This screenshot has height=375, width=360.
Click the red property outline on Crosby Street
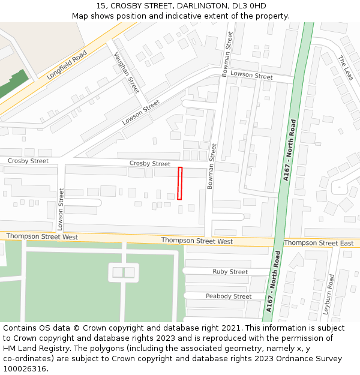tap(179, 183)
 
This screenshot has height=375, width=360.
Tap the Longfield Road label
tap(67, 65)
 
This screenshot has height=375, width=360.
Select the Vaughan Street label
tap(127, 72)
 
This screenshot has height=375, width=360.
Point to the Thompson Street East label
tap(319, 243)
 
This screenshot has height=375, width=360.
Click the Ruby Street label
tap(230, 272)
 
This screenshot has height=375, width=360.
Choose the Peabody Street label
tap(229, 296)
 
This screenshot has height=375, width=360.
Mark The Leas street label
tap(345, 68)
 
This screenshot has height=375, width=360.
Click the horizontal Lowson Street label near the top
tap(251, 76)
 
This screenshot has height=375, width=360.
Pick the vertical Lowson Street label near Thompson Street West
tap(61, 209)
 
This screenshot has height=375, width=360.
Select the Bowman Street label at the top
tap(227, 54)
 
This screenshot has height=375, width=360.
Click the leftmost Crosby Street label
tap(28, 161)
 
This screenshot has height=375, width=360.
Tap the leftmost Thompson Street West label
tap(42, 237)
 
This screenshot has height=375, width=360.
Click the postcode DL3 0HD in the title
tap(253, 5)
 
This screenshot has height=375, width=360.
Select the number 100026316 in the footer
tap(25, 369)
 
